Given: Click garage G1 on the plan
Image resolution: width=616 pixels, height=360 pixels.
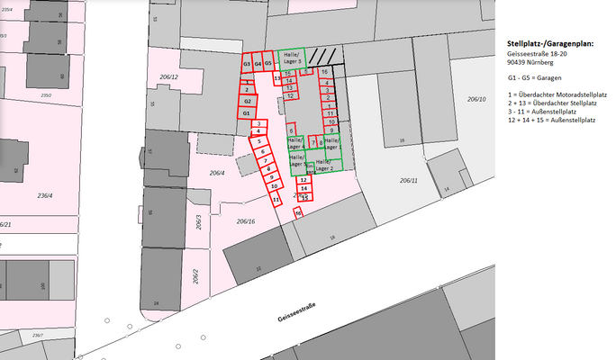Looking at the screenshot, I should pos(246,113).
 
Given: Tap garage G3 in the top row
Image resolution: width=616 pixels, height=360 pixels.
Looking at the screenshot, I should pos(246,65).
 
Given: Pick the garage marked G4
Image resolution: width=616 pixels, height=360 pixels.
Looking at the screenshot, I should pos(258,65).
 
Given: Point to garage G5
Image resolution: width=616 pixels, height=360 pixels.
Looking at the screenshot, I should pos(268,65).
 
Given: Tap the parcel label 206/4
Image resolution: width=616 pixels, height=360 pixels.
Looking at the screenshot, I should pos(217,172).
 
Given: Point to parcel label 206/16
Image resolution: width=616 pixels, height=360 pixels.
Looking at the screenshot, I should pos(246,220).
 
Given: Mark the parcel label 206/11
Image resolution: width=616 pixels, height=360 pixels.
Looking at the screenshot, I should pos(409,180).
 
